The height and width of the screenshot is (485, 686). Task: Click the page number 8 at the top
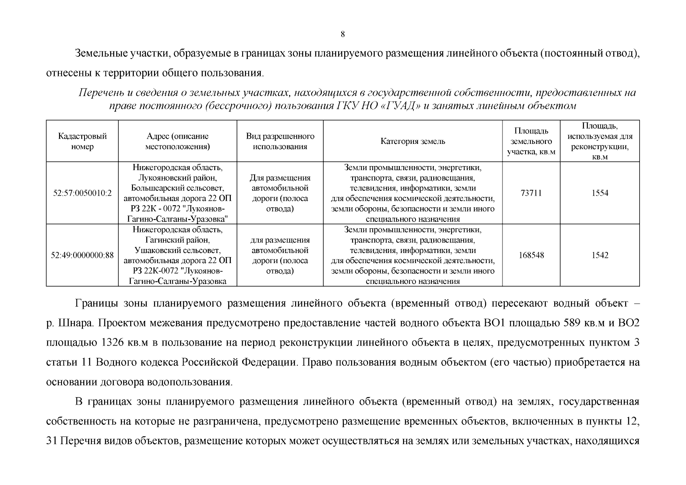(343, 34)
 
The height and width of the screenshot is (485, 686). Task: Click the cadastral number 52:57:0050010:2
(82, 193)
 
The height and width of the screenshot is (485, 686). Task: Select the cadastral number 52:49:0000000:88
(82, 255)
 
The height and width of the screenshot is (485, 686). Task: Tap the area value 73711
(531, 193)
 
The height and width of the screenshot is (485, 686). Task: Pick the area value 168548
(531, 255)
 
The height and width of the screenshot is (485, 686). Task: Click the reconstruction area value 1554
(599, 193)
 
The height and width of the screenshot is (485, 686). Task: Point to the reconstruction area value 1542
(599, 255)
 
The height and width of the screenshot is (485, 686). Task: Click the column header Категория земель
(412, 141)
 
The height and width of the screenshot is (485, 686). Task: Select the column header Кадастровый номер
(82, 141)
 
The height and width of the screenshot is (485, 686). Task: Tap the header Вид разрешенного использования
(280, 141)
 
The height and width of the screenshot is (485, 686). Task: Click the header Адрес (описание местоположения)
(177, 141)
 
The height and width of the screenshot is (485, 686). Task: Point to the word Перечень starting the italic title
(99, 93)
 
